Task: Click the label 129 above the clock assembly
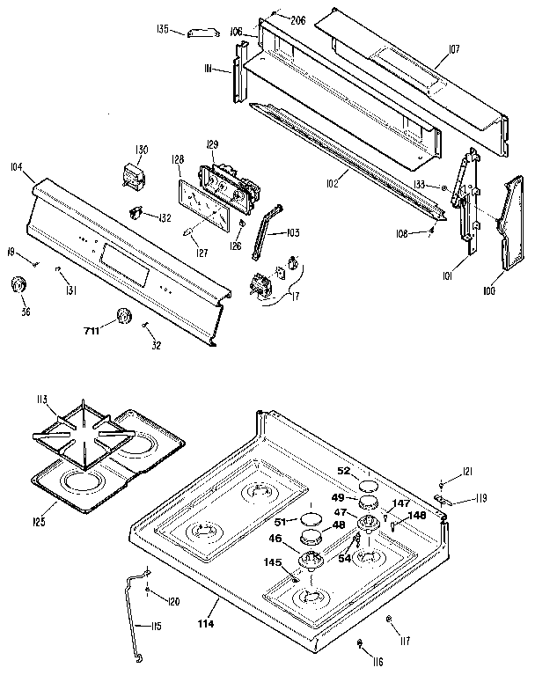click(211, 143)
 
